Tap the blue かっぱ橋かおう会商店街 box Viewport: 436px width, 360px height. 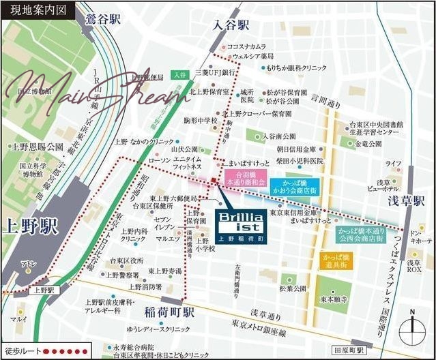[294, 187]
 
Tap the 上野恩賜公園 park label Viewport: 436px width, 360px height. [38, 147]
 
